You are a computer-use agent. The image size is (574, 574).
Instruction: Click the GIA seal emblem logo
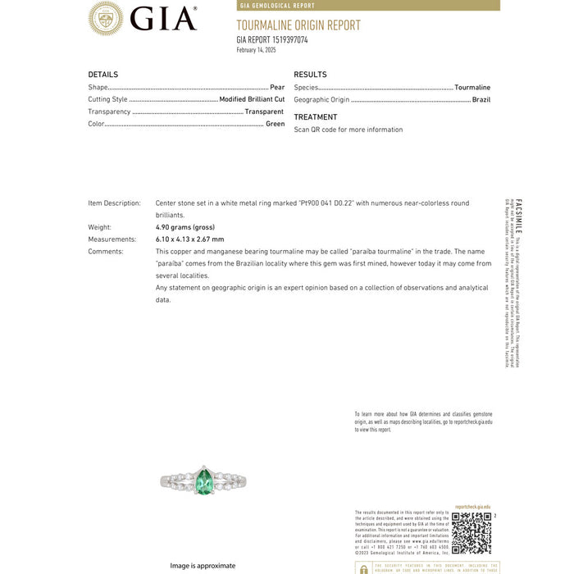tap(106, 18)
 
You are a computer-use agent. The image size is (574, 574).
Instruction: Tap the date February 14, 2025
tap(256, 50)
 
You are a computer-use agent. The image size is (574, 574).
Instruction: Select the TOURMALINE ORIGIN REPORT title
tap(298, 25)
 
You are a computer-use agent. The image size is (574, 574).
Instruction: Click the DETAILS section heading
tap(103, 75)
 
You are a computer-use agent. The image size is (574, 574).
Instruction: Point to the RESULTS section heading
tap(310, 75)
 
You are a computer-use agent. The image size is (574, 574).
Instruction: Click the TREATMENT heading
tap(315, 117)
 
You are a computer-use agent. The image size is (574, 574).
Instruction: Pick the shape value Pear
tap(277, 87)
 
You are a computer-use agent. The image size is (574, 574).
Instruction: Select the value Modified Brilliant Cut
tap(252, 99)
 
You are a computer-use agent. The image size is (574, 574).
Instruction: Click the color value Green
tap(275, 124)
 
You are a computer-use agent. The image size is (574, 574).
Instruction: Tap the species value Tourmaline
tap(472, 87)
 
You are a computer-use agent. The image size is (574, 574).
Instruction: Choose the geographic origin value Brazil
tap(481, 99)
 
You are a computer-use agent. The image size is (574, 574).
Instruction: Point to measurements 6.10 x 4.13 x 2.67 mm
tap(189, 239)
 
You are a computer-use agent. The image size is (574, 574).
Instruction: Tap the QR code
tap(471, 533)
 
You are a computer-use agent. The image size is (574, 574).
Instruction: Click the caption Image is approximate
tap(203, 566)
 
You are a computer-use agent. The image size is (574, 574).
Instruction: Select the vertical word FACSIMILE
tap(518, 217)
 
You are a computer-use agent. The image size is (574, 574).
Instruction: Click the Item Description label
tap(114, 203)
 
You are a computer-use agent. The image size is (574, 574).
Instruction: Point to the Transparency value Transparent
tap(264, 112)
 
